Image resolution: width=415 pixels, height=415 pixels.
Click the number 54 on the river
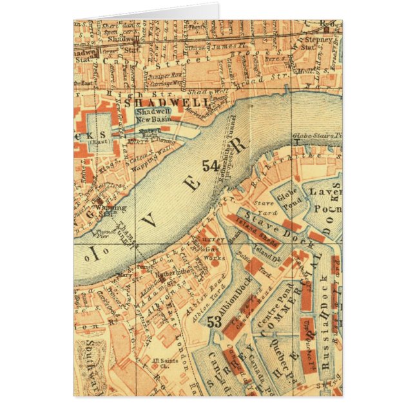(211, 166)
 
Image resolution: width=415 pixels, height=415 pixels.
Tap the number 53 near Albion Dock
(217, 323)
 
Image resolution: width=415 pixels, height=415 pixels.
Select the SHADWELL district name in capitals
(167, 102)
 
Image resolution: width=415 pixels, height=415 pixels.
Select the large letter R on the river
(240, 148)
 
